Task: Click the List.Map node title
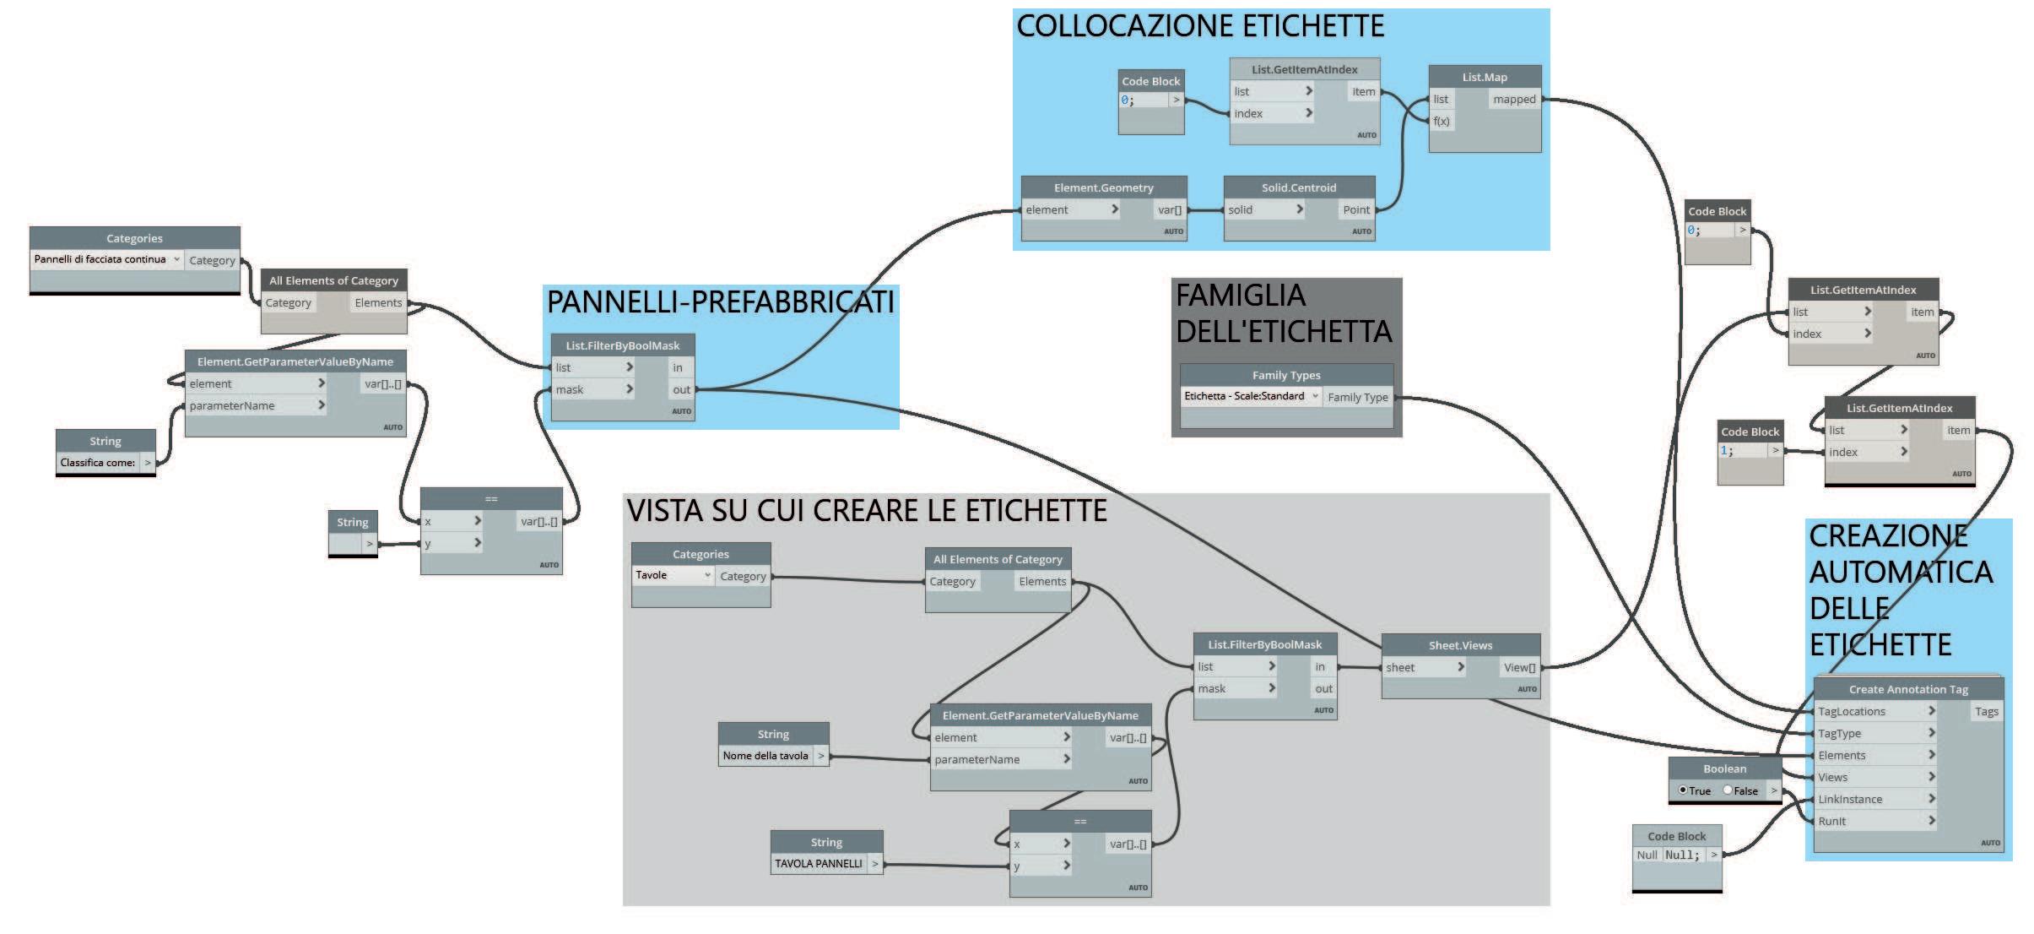(1485, 77)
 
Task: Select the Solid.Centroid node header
(1299, 187)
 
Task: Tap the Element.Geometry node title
(1103, 187)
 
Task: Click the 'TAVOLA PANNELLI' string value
(818, 863)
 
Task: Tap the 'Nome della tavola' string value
(765, 756)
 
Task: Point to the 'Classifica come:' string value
(97, 463)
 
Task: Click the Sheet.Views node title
(1460, 645)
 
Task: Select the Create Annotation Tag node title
(1908, 689)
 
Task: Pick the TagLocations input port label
(1852, 711)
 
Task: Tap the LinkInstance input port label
(1850, 799)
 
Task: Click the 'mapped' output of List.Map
(1514, 100)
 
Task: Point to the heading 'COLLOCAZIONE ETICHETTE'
(1199, 26)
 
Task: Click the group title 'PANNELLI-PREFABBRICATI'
(720, 302)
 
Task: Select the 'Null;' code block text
(1682, 855)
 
